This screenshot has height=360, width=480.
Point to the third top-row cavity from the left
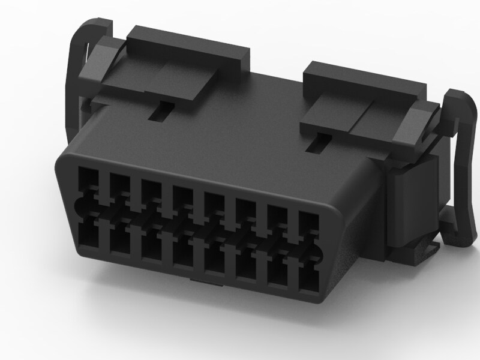coord(151,191)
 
